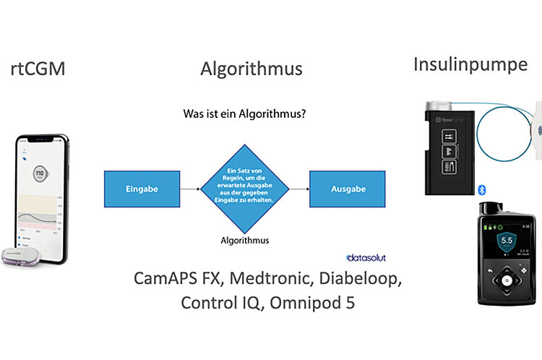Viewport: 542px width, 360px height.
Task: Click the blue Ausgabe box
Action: [348, 189]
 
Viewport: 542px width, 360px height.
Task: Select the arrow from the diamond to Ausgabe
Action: [299, 189]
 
